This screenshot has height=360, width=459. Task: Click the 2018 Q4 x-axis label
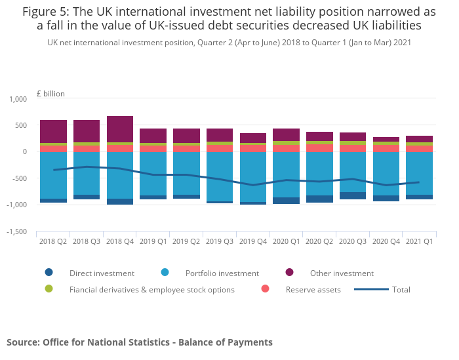click(120, 241)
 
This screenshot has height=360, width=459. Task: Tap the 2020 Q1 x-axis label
click(287, 241)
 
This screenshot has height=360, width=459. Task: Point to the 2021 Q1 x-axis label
click(420, 241)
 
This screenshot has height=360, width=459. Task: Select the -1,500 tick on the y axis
click(16, 231)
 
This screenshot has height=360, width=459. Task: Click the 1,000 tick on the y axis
click(18, 99)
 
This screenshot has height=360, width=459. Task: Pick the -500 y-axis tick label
click(19, 178)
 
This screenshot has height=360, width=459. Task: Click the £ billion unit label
click(50, 94)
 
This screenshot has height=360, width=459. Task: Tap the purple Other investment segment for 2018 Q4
click(120, 129)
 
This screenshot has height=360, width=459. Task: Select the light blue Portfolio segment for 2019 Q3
click(220, 177)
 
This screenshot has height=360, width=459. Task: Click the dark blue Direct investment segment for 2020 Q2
click(320, 199)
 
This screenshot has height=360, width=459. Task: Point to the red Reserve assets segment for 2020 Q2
click(320, 148)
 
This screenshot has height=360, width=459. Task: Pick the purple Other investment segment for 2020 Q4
click(386, 140)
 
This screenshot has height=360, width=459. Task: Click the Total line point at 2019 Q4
click(253, 185)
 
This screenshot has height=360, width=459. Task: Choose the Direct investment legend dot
click(49, 273)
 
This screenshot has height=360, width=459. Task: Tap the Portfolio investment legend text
click(222, 273)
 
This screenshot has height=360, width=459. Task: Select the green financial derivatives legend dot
click(49, 289)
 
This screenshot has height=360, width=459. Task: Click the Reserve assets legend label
click(313, 290)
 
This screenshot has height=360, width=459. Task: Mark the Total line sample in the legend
click(372, 289)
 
